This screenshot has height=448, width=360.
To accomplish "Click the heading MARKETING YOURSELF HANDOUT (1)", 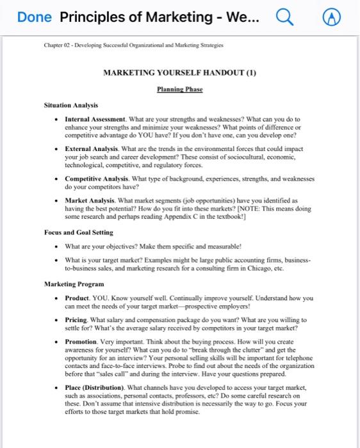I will [179, 72].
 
